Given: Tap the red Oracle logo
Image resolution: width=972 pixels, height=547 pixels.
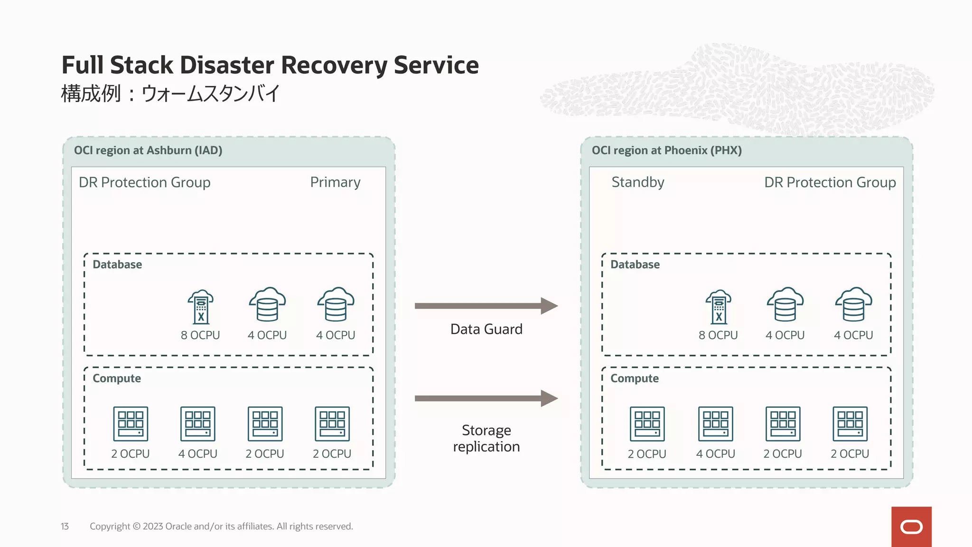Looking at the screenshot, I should (x=911, y=527).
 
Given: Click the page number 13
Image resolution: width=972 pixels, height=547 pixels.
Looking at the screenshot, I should (x=65, y=526).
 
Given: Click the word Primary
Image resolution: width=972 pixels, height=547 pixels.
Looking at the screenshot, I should (x=335, y=182).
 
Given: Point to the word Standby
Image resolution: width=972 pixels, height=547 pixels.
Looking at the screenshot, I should (x=637, y=182).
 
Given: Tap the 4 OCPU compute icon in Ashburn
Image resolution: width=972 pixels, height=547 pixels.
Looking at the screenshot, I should (x=198, y=424).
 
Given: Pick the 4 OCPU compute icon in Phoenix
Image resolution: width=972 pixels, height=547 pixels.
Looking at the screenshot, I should (x=715, y=424).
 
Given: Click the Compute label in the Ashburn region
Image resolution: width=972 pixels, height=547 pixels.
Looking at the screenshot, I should (x=117, y=378).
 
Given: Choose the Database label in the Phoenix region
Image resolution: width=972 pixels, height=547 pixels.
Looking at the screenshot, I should (x=635, y=264).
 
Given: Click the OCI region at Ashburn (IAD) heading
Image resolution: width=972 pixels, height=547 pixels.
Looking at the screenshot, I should (x=148, y=151).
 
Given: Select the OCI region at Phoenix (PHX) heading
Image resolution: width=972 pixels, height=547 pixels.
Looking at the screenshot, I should (x=666, y=151).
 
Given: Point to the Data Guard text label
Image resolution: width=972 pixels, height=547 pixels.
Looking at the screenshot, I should (x=486, y=329).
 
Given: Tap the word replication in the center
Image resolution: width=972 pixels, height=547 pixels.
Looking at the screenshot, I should (x=486, y=447).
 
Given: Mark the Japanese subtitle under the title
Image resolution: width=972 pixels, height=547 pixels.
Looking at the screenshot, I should (x=170, y=94).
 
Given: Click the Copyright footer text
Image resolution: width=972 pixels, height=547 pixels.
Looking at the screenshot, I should (x=221, y=526).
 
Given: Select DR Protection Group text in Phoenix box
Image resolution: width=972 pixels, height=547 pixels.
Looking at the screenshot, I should (x=830, y=182).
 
